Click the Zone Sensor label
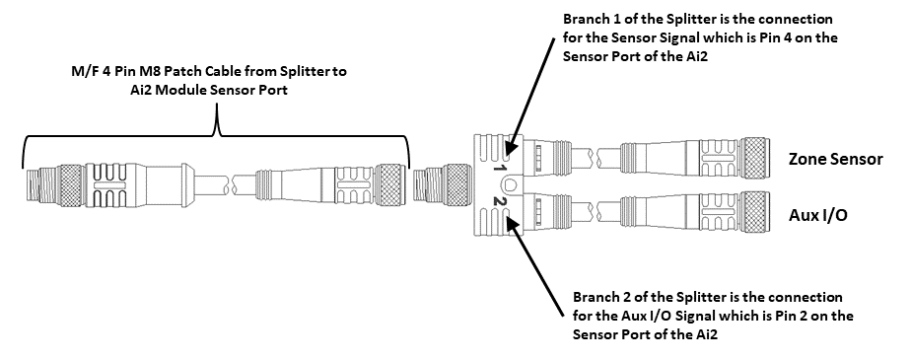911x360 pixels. tap(835, 159)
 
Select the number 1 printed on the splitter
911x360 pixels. tap(500, 169)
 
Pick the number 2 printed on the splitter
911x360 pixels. tap(500, 203)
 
